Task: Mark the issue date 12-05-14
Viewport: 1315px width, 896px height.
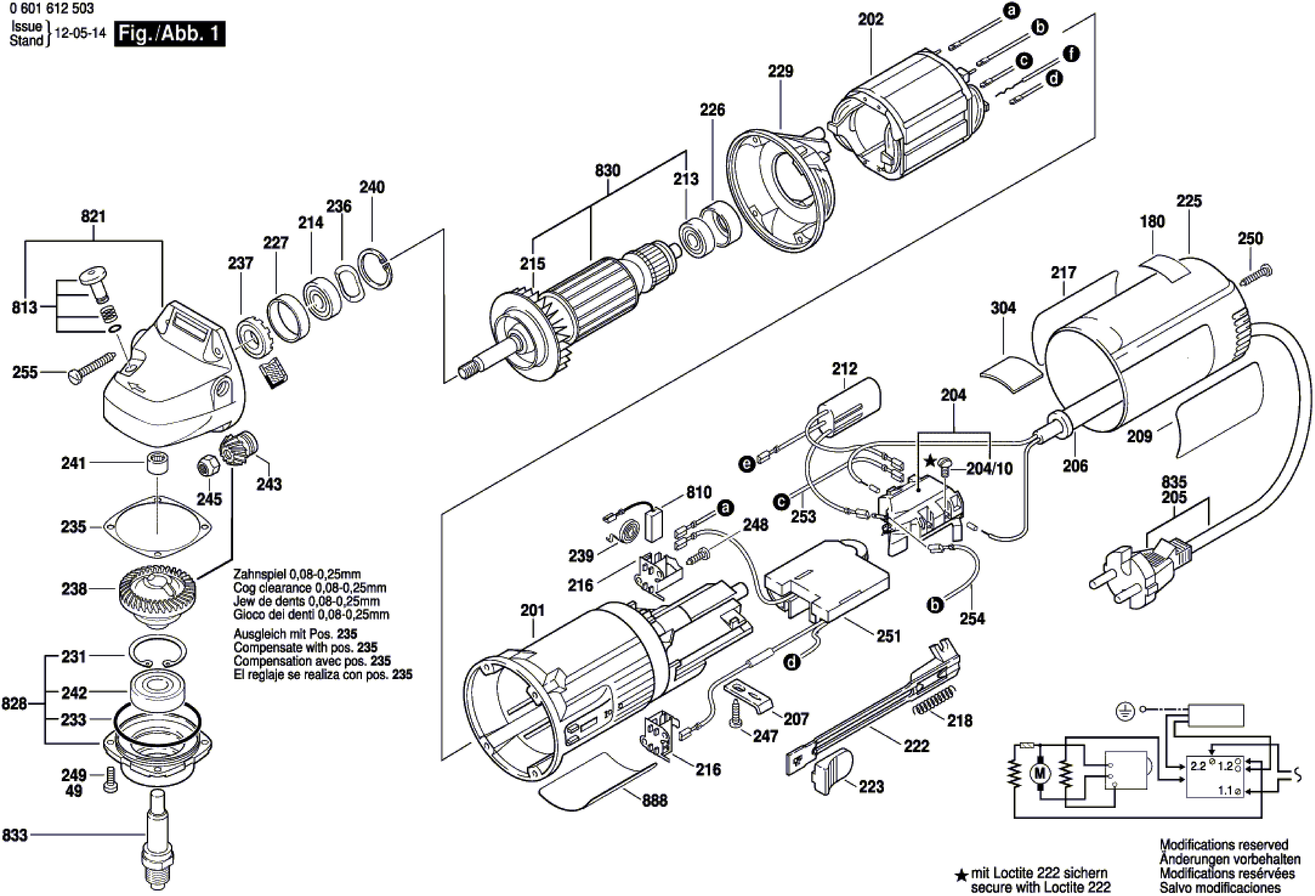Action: tap(81, 33)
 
